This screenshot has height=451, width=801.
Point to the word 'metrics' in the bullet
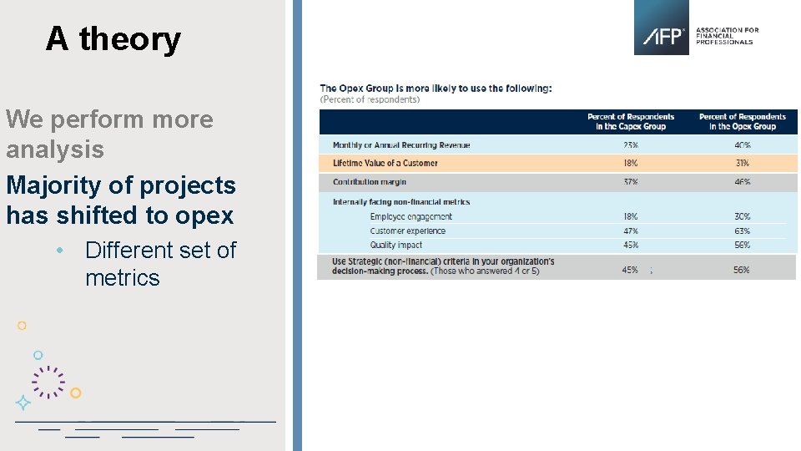click(x=122, y=277)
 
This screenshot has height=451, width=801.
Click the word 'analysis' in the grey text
click(x=55, y=149)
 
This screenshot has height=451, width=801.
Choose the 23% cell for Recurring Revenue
click(x=630, y=145)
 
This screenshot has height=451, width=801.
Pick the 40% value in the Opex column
click(x=742, y=145)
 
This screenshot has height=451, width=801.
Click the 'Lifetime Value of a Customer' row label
click(x=385, y=164)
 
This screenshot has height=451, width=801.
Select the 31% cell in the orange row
click(x=742, y=164)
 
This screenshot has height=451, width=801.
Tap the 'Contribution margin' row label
click(x=369, y=182)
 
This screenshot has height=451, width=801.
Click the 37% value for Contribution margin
click(x=630, y=182)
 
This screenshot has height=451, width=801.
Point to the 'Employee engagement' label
click(x=411, y=217)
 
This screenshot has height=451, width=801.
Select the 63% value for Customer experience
click(x=742, y=231)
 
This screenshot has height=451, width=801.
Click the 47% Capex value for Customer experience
click(x=630, y=231)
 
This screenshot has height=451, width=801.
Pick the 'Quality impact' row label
click(x=395, y=246)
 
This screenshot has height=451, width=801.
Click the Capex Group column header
click(x=631, y=122)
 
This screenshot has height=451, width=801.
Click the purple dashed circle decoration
click(x=48, y=382)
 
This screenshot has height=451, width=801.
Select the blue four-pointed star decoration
click(x=23, y=403)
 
